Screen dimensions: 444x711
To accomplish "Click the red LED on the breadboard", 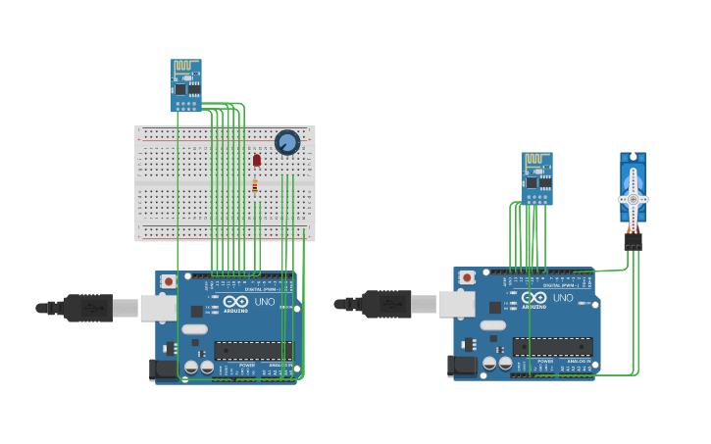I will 257,160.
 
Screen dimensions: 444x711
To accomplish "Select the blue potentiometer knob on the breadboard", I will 286,143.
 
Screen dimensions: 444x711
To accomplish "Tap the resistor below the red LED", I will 255,186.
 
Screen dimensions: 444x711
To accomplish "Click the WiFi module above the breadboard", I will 185,85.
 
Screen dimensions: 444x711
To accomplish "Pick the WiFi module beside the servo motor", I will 536,178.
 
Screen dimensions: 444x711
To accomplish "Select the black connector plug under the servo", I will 633,239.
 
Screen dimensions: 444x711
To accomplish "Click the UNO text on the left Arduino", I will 265,302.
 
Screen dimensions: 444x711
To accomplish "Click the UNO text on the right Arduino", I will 563,298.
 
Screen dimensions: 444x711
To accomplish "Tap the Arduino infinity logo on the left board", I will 235,301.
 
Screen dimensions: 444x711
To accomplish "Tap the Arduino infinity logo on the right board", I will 533,297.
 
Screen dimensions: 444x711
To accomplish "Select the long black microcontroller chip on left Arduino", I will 253,350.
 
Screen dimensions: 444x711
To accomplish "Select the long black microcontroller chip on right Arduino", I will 552,346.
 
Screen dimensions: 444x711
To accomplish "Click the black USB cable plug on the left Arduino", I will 88,308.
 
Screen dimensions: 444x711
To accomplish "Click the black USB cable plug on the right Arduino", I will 386,304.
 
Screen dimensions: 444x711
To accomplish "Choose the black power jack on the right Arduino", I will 462,367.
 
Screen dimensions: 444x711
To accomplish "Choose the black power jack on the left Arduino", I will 164,370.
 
